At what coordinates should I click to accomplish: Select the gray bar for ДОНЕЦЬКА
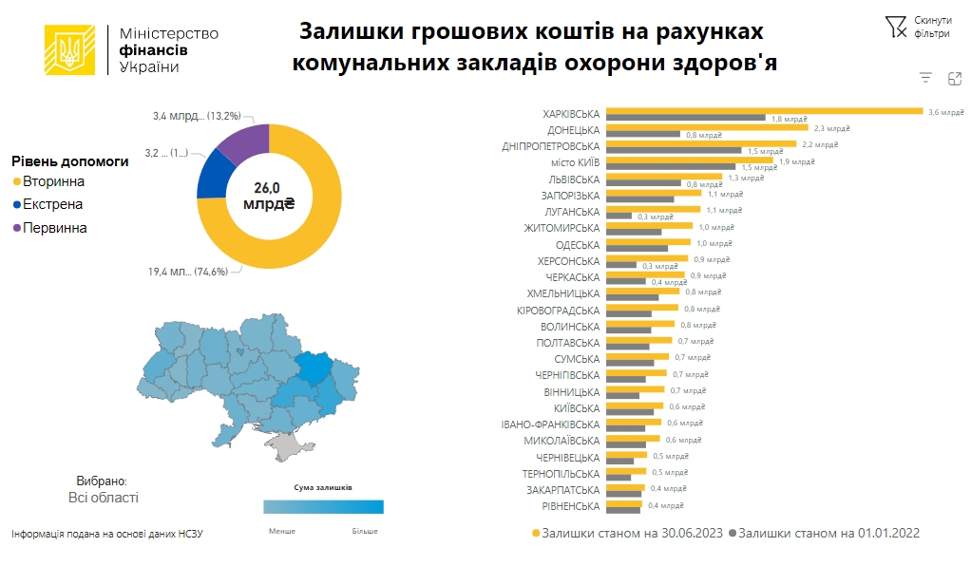(x=642, y=135)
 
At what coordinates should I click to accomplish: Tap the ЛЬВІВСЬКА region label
(x=574, y=179)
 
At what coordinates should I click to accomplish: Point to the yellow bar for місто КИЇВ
(x=689, y=160)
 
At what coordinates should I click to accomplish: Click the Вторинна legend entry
(x=53, y=181)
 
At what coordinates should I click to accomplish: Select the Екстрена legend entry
(x=53, y=204)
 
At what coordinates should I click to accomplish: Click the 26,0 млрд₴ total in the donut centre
(x=269, y=196)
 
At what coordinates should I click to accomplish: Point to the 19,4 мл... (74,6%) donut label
(x=187, y=272)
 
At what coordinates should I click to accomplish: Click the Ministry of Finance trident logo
(x=69, y=49)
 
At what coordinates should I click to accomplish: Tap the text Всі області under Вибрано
(x=103, y=498)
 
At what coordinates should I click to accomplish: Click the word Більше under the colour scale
(x=365, y=531)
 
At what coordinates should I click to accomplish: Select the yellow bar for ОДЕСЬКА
(x=648, y=243)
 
